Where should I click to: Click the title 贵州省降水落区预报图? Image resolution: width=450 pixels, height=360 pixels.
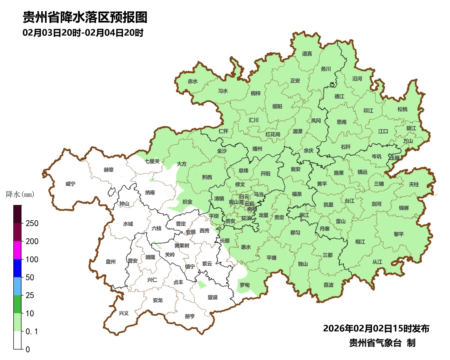(x=85, y=17)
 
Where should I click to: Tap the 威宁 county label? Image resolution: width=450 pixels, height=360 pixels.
(x=71, y=184)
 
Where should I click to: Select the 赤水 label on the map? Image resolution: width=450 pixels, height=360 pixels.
(x=192, y=82)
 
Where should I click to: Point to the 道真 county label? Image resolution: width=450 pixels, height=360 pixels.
(x=307, y=54)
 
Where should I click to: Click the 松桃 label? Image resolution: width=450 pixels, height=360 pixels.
(x=402, y=109)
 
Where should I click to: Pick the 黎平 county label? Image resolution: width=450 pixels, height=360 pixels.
(x=399, y=234)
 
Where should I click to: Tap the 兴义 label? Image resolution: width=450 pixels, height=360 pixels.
(x=124, y=313)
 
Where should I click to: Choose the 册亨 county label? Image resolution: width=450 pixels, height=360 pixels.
(x=190, y=316)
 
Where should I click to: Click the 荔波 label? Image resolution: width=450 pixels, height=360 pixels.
(x=328, y=285)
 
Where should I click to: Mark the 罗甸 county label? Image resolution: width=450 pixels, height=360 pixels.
(x=245, y=285)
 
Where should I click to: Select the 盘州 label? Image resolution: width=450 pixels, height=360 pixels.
(x=110, y=262)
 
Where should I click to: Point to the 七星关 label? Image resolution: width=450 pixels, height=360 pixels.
(x=152, y=161)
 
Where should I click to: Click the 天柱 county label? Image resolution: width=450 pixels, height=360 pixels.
(x=414, y=184)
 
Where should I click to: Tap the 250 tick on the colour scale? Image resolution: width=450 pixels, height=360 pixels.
(x=32, y=223)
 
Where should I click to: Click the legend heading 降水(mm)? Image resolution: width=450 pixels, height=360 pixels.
(x=20, y=195)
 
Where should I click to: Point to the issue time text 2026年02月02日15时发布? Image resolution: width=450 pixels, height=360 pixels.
(x=376, y=329)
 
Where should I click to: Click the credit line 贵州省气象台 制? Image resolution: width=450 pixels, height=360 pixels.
(x=382, y=343)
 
